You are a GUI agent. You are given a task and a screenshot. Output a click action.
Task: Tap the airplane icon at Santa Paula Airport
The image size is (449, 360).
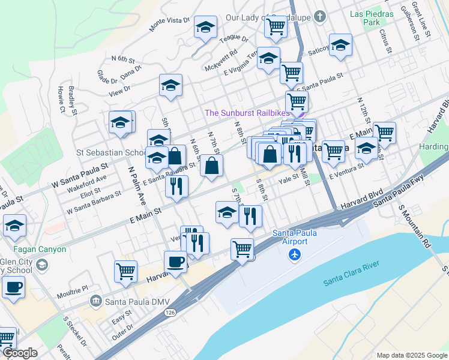(294, 254)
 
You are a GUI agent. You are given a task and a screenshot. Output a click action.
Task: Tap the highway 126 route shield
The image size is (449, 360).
(172, 330)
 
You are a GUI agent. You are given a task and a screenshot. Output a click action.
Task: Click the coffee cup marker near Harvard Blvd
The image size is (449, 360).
(176, 262)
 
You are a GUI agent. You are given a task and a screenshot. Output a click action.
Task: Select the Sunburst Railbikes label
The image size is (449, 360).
(247, 113)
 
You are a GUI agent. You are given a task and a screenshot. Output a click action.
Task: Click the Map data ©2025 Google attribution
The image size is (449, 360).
(411, 355)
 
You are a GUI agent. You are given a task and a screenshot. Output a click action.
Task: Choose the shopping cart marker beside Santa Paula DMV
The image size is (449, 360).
(125, 271)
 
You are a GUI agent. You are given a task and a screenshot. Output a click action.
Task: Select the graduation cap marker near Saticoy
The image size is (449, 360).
(340, 45)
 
